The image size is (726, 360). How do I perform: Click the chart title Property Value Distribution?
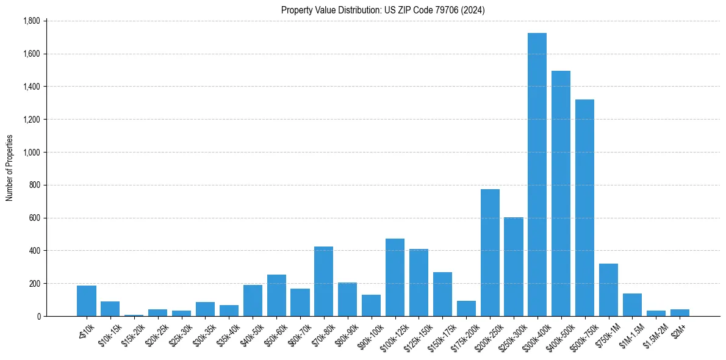(x=383, y=10)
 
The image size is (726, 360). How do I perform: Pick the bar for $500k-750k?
(x=584, y=207)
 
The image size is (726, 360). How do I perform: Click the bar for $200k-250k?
(x=490, y=253)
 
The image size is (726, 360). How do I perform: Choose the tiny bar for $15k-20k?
(x=134, y=315)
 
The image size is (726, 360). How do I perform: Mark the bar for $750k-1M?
(x=608, y=290)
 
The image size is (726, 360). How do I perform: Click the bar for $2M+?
(x=680, y=312)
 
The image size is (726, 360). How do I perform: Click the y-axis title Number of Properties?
(x=10, y=168)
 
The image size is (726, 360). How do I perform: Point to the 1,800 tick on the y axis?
(x=31, y=21)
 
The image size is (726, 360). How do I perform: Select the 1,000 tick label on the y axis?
(x=31, y=152)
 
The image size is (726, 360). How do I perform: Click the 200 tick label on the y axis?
(x=34, y=283)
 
